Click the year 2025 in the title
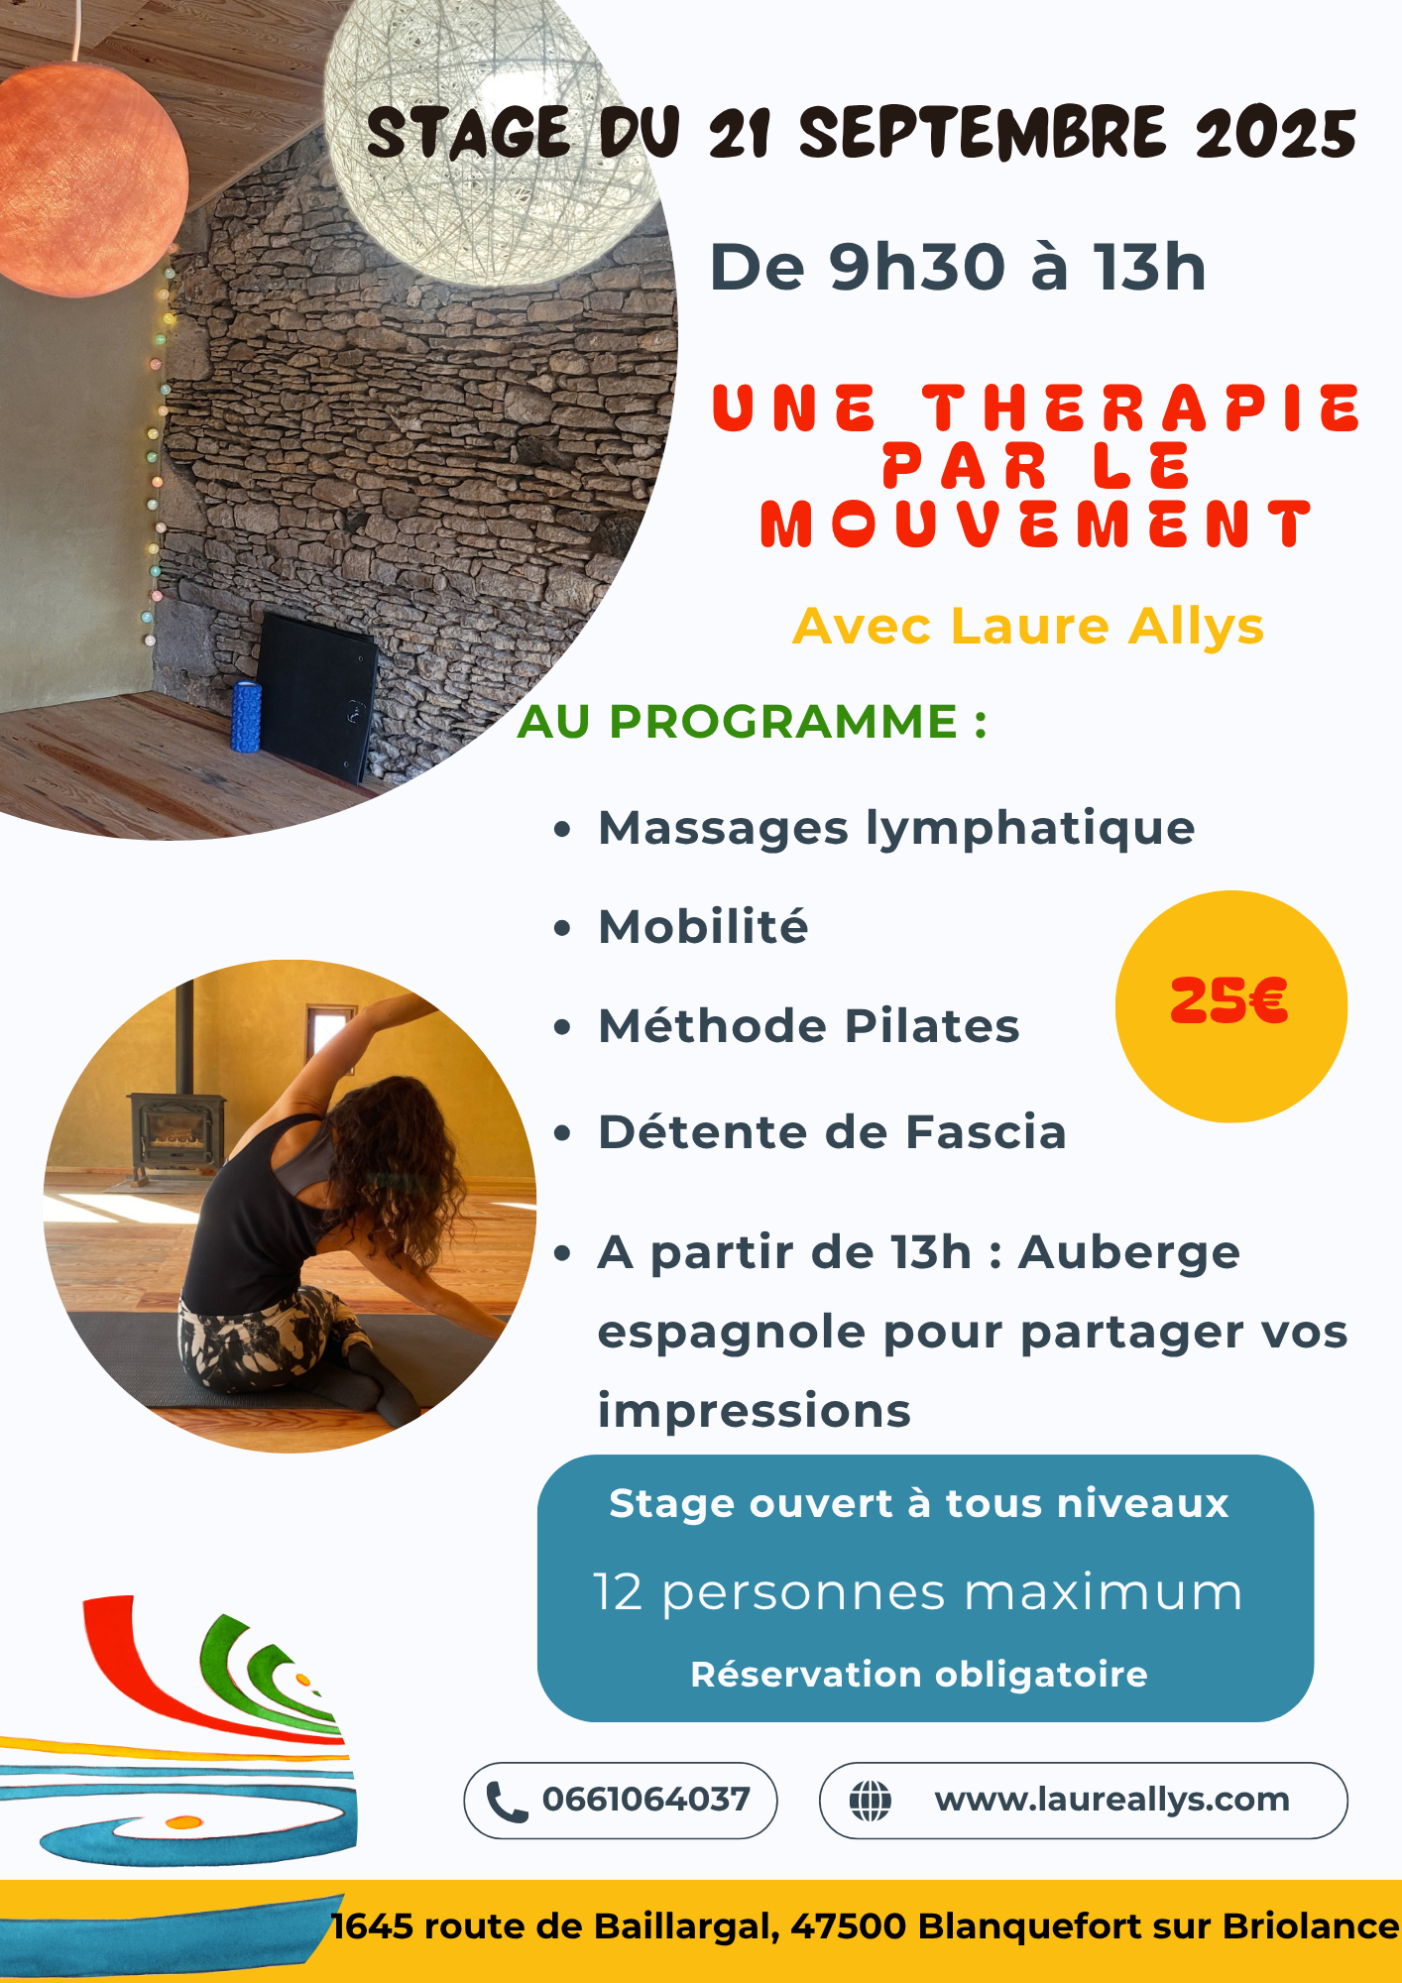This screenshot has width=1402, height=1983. [1276, 134]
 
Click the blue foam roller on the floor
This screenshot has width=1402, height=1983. [246, 717]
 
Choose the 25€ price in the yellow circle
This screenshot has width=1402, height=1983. [1229, 1001]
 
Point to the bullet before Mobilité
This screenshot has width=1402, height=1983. [562, 928]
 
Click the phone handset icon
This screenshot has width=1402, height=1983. [507, 1802]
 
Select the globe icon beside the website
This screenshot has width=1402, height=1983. [871, 1801]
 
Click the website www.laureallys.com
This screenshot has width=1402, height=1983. [1111, 1800]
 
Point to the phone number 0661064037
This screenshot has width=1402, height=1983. [645, 1800]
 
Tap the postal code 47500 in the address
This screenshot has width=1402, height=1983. [849, 1926]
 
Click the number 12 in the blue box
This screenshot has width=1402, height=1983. [619, 1592]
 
